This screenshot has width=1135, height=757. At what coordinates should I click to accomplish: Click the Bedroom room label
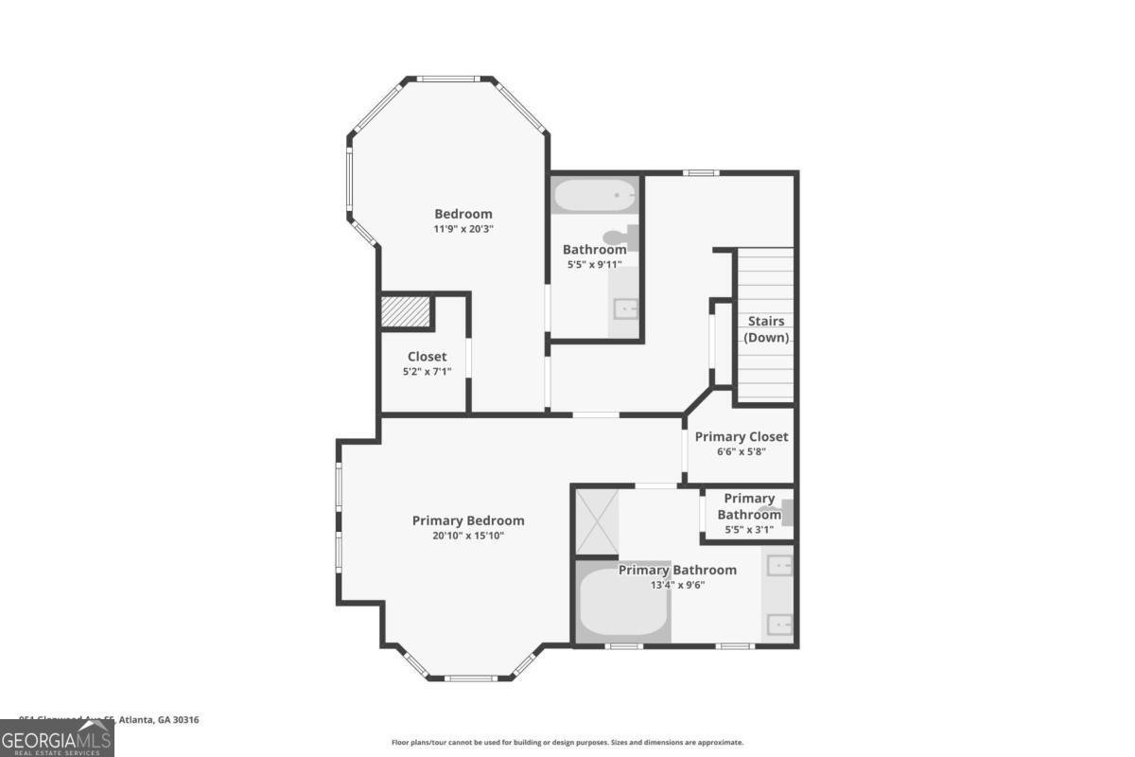(x=463, y=214)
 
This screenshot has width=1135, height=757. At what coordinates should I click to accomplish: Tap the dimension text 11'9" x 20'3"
(x=463, y=229)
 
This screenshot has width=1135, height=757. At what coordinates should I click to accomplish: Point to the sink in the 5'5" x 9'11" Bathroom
(x=625, y=308)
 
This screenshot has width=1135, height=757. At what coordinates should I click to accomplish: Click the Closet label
(x=427, y=357)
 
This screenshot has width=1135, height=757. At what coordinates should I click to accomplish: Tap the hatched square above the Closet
(x=406, y=311)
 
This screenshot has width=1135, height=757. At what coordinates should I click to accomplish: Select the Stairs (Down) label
(x=766, y=329)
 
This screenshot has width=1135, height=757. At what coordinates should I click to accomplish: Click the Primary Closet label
(x=742, y=437)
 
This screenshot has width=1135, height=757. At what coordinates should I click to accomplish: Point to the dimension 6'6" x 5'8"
(x=742, y=452)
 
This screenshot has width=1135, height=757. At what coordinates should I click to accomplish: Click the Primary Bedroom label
(x=468, y=520)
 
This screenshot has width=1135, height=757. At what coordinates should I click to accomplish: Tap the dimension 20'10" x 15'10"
(x=468, y=536)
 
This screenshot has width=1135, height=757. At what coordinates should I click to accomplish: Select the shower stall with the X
(x=596, y=520)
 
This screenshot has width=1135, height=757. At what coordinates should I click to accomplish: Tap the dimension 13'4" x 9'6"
(x=677, y=585)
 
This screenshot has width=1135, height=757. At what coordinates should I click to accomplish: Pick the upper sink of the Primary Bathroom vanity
(x=779, y=566)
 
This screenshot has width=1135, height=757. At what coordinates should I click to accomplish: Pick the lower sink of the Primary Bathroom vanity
(x=779, y=623)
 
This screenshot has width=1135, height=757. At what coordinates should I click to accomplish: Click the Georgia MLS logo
(x=57, y=738)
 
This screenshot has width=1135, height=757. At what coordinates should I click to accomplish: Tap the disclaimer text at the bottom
(x=567, y=743)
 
